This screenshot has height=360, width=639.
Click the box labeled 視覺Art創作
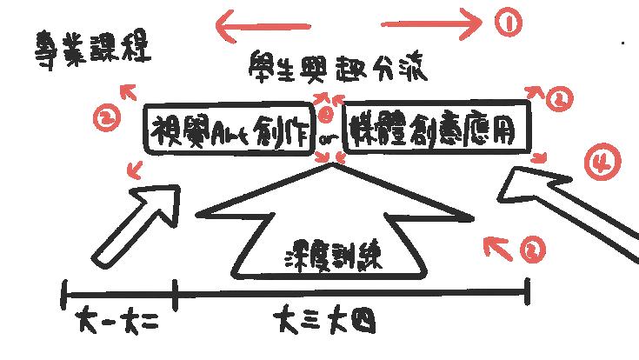226,130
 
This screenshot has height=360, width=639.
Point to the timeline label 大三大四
326,323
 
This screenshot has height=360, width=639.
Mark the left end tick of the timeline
64,294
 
